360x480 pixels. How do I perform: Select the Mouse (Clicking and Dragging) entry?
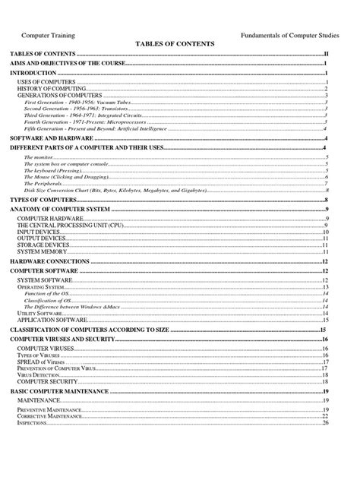pos(68,176)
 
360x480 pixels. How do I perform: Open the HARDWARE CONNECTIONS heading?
pos(50,261)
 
